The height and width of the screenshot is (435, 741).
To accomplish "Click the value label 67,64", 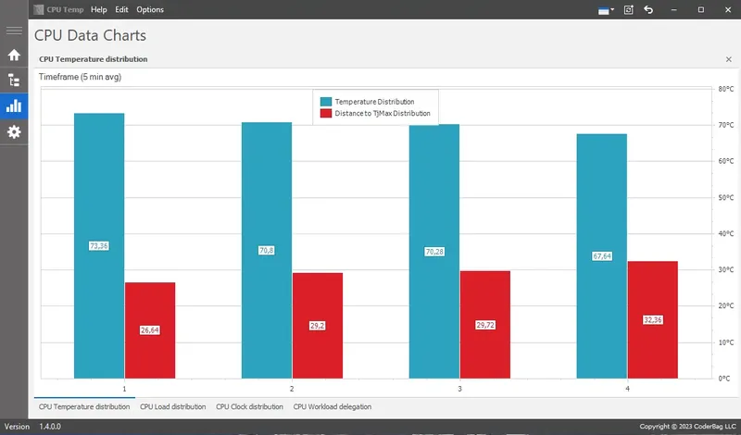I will tap(602, 256).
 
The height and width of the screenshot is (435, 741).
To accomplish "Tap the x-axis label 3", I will tap(459, 389).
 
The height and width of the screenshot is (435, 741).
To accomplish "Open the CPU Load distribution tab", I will tap(172, 406).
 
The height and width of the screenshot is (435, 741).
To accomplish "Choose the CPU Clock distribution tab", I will tap(249, 406).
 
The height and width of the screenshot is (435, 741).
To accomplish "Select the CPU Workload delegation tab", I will tap(333, 406).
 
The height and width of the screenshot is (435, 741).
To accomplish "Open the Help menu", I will tap(99, 9).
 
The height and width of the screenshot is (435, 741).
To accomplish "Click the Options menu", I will tap(150, 9).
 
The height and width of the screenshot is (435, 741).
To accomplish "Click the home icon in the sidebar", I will tap(14, 55).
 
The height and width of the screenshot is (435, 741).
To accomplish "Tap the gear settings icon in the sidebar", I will tap(14, 132).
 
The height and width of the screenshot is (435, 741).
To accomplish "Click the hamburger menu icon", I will tap(14, 31).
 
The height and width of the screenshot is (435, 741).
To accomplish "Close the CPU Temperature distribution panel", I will tap(728, 59).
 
